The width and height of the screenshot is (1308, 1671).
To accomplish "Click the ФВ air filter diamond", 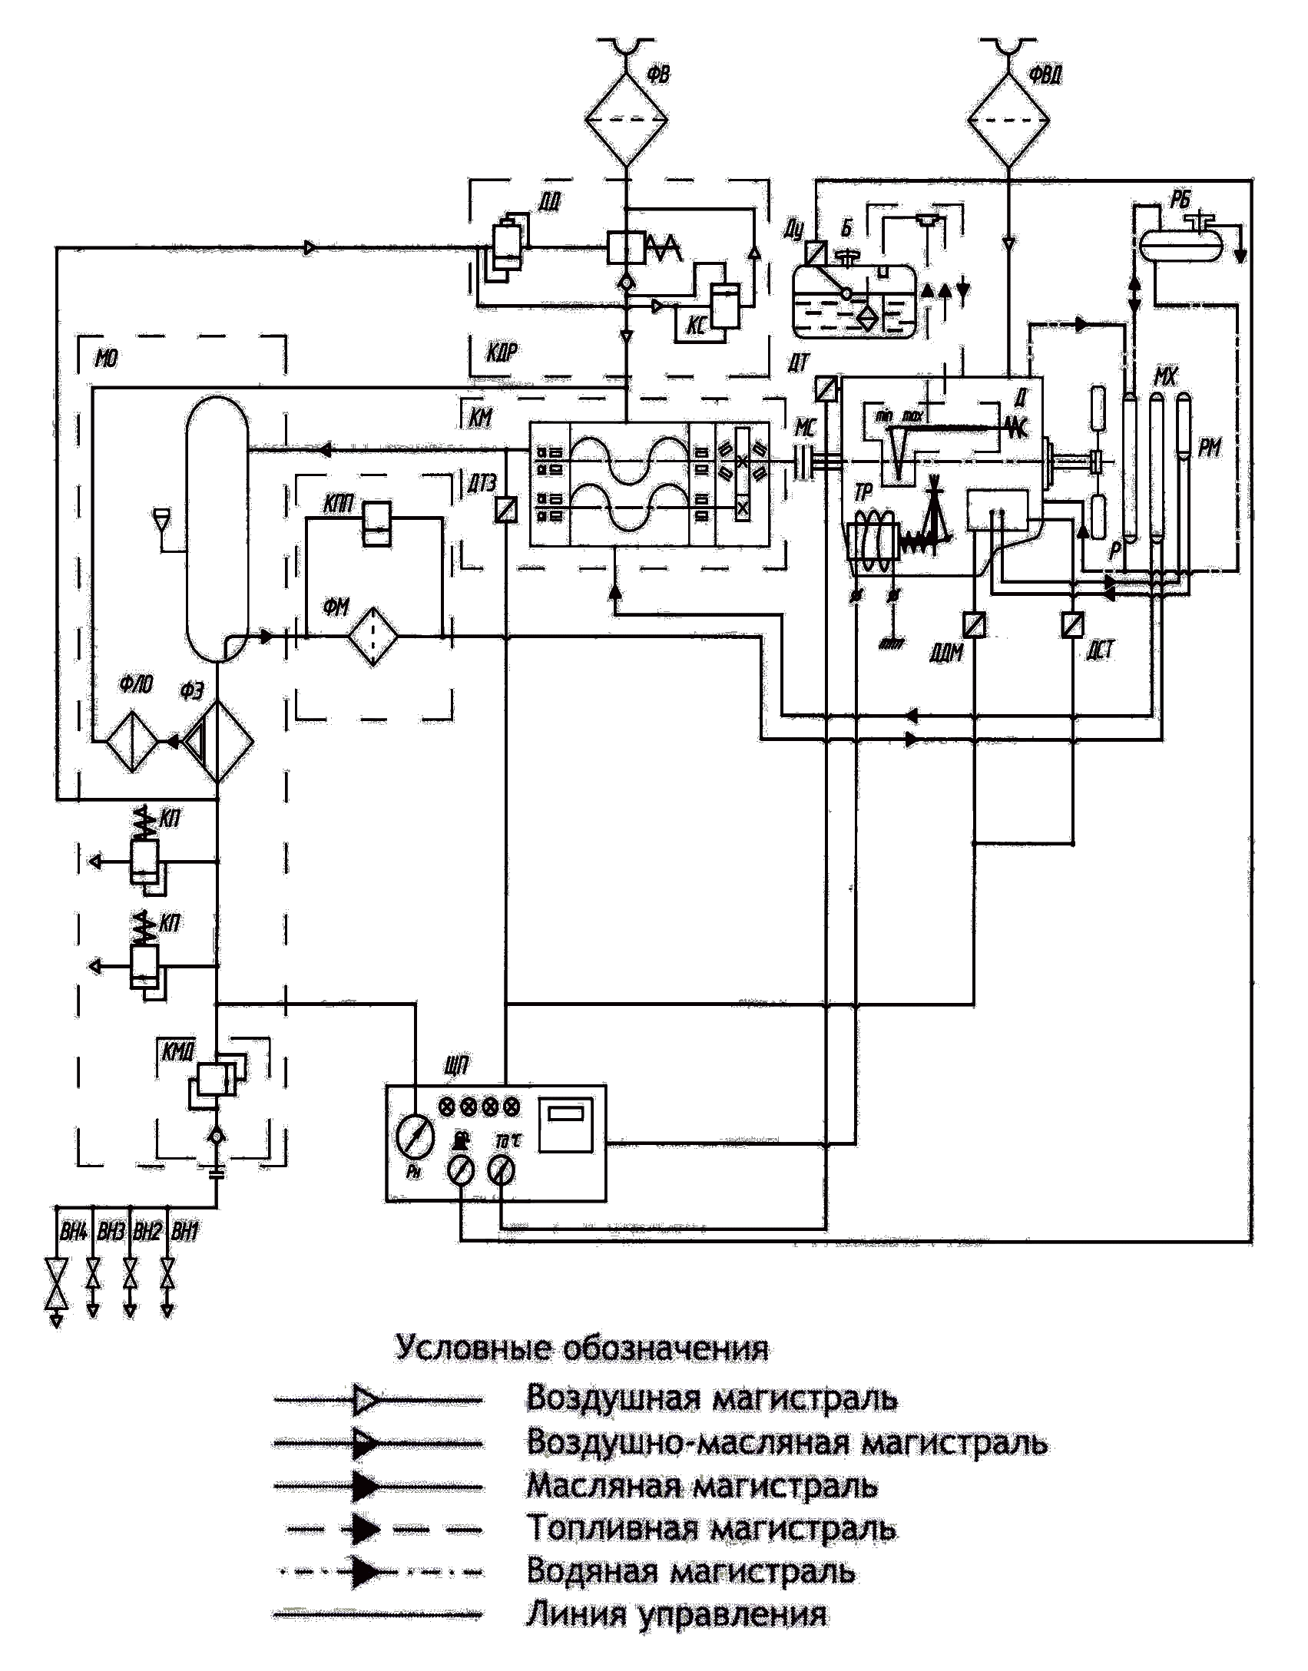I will pyautogui.click(x=626, y=120).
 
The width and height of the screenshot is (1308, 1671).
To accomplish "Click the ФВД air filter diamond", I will pyautogui.click(x=1008, y=121).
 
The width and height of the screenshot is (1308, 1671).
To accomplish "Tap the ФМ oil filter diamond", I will pyautogui.click(x=373, y=636).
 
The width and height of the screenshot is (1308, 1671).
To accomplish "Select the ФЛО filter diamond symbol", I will pyautogui.click(x=132, y=742).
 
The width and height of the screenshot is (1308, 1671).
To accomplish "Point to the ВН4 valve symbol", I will pyautogui.click(x=56, y=1283).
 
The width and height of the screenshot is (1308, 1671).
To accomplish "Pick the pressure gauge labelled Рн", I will pyautogui.click(x=415, y=1137).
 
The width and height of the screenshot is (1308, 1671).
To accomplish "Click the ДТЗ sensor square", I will pyautogui.click(x=505, y=510).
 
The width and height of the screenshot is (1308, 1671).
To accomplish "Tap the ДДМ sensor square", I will pyautogui.click(x=974, y=625).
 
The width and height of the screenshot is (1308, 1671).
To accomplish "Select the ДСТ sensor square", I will pyautogui.click(x=1073, y=625).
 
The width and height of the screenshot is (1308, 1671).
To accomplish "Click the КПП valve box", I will pyautogui.click(x=377, y=523).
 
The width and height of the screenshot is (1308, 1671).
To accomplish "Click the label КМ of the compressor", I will pyautogui.click(x=481, y=418).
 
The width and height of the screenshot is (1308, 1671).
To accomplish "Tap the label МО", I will pyautogui.click(x=106, y=359).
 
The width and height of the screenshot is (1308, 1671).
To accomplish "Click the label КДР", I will pyautogui.click(x=502, y=353).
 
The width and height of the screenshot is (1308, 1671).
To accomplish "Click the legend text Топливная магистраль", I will pyautogui.click(x=710, y=1529).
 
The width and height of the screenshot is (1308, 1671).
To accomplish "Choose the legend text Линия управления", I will pyautogui.click(x=676, y=1615).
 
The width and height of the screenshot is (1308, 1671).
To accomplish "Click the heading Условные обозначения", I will pyautogui.click(x=581, y=1348).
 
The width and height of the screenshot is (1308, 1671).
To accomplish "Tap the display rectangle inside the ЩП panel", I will pyautogui.click(x=566, y=1125).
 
